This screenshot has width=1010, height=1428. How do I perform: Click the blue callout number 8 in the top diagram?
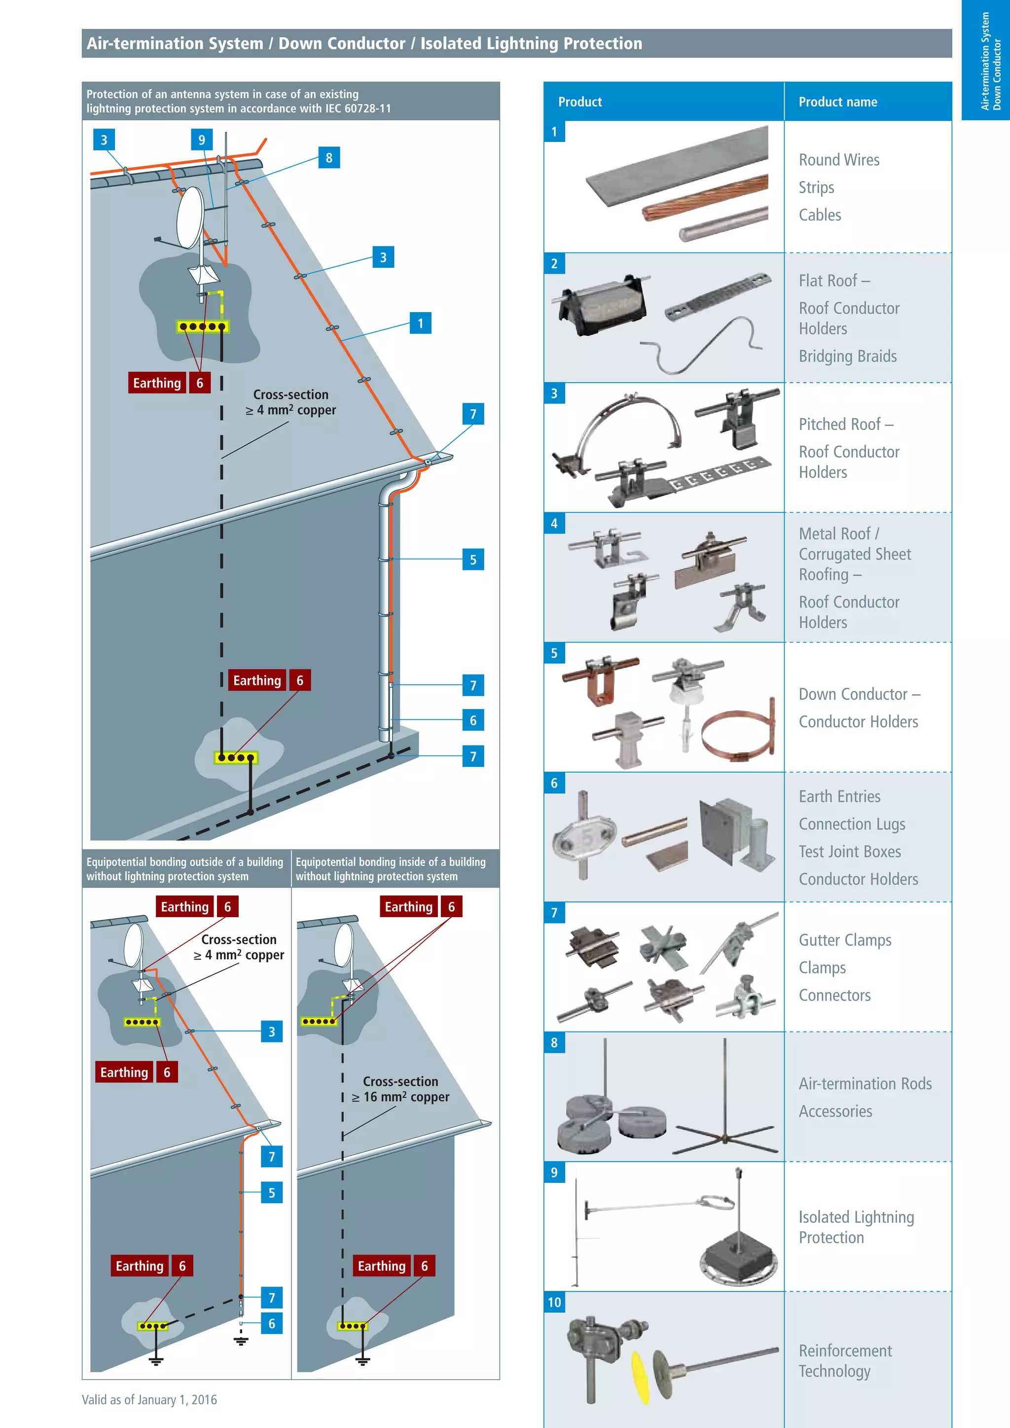[328, 158]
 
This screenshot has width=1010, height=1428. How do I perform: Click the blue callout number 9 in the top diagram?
[202, 140]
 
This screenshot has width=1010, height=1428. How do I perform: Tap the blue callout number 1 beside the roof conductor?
[420, 323]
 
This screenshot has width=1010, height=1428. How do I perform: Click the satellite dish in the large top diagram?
[190, 217]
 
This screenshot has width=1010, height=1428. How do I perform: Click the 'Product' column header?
[579, 102]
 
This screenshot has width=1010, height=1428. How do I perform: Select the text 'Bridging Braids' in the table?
[847, 357]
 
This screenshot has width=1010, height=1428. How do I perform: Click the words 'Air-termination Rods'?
[865, 1083]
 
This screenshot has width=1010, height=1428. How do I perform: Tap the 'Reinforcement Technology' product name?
[845, 1360]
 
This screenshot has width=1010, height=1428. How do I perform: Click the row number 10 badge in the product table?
[554, 1302]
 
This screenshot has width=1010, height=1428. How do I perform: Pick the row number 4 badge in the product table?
[554, 524]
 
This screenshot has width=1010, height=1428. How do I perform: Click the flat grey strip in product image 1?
[678, 168]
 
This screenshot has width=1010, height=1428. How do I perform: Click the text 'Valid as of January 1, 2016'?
[149, 1399]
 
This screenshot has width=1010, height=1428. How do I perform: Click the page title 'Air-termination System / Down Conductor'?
[364, 43]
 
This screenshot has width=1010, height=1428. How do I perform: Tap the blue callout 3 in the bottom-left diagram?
[271, 1032]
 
